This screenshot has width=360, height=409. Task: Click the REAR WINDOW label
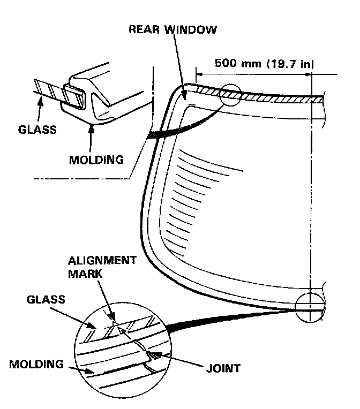coord(172,29)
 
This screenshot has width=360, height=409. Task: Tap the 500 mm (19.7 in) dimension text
coord(264,63)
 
